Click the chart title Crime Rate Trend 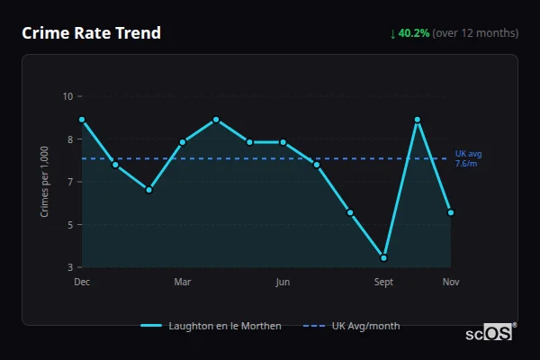pyautogui.click(x=91, y=33)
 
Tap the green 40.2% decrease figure pyautogui.click(x=414, y=33)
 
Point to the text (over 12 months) pyautogui.click(x=475, y=33)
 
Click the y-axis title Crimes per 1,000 pyautogui.click(x=44, y=181)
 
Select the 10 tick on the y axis pyautogui.click(x=67, y=96)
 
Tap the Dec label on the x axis pyautogui.click(x=82, y=283)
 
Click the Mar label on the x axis pyautogui.click(x=183, y=283)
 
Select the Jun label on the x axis pyautogui.click(x=283, y=283)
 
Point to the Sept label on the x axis pyautogui.click(x=383, y=283)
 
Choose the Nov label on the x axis pyautogui.click(x=451, y=283)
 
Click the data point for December pyautogui.click(x=82, y=120)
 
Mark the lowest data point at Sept pyautogui.click(x=384, y=257)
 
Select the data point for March pyautogui.click(x=183, y=142)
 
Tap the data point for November pyautogui.click(x=451, y=212)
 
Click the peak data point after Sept pyautogui.click(x=418, y=120)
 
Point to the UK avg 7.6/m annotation pyautogui.click(x=468, y=158)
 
